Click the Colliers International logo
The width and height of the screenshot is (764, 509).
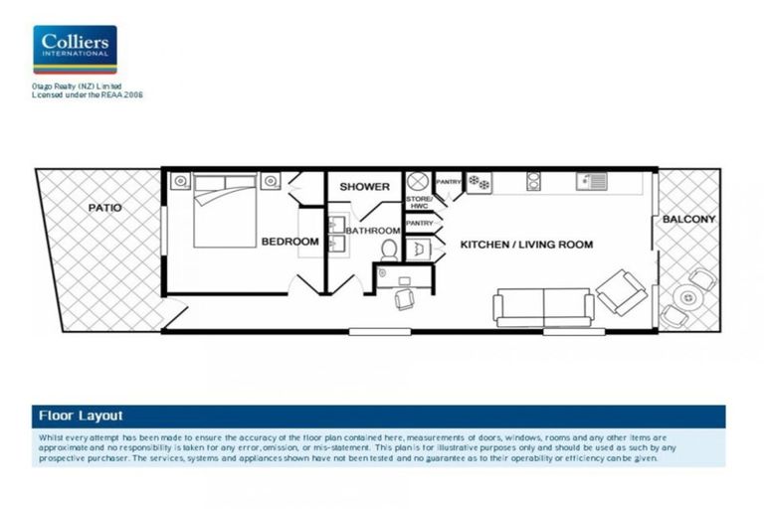click(75, 50)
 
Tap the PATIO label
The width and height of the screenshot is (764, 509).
click(104, 208)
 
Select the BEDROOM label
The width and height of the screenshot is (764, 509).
click(289, 242)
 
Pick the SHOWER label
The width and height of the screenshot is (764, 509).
click(364, 187)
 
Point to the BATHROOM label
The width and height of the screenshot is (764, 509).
click(372, 231)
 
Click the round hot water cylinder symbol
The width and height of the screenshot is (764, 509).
click(418, 183)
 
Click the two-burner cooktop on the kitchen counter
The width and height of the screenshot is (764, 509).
click(533, 181)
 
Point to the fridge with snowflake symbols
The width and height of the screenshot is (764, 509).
click(479, 182)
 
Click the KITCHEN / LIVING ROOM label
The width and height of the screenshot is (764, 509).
click(526, 244)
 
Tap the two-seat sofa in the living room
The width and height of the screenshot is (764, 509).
click(543, 307)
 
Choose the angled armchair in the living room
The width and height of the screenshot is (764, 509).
click(621, 291)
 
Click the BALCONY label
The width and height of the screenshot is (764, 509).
click(690, 219)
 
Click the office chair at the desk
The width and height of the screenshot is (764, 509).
click(405, 297)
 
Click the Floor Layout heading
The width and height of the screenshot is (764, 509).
click(81, 416)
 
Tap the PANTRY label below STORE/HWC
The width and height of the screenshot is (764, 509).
click(420, 224)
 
